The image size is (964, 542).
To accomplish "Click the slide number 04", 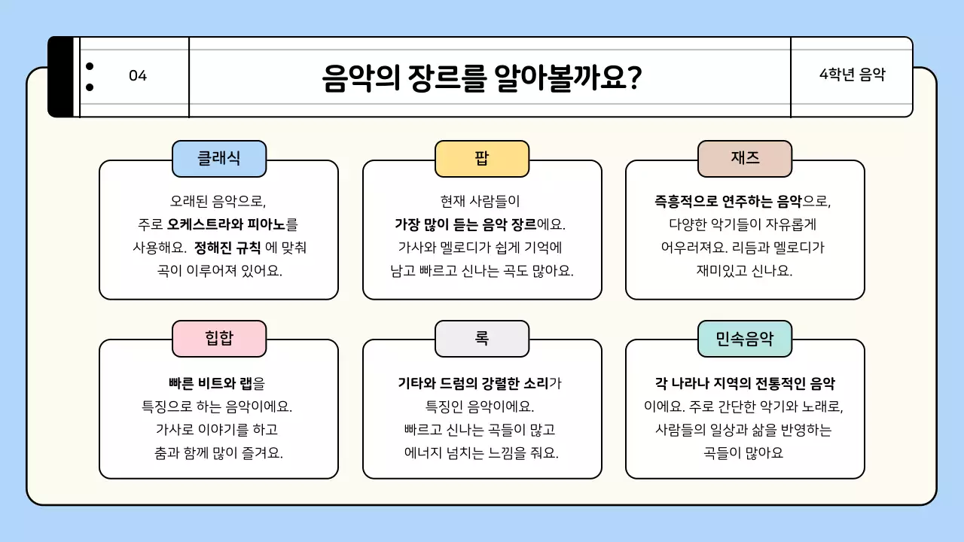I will [138, 76].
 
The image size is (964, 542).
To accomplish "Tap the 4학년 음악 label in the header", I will [852, 75].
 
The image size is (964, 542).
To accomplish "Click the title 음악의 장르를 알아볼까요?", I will [481, 77].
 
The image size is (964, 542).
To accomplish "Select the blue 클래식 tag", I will [219, 158].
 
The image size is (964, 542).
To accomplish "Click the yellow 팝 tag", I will [482, 158].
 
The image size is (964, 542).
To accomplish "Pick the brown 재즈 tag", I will [744, 158].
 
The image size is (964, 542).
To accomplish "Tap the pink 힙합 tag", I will [219, 338].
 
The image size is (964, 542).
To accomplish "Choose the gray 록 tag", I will [482, 338].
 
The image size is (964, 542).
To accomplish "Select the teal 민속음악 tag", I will [744, 338].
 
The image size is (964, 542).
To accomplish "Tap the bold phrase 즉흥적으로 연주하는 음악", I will [728, 202].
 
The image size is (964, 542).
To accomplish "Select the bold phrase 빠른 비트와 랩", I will [210, 383].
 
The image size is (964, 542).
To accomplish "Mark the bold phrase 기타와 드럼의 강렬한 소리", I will [473, 383].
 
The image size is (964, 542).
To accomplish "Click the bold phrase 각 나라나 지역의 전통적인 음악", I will [745, 383].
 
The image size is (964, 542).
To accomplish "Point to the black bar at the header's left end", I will [61, 77].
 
